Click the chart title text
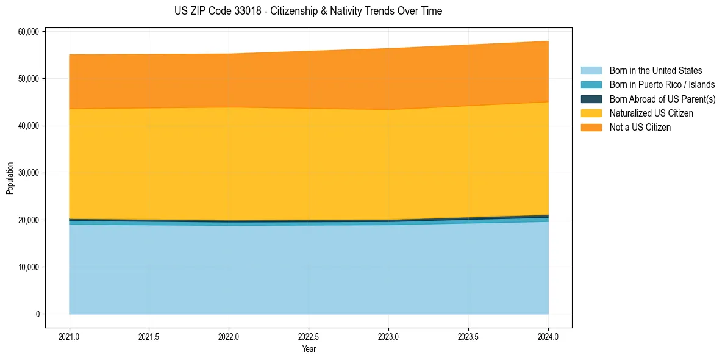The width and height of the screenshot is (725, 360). (308, 11)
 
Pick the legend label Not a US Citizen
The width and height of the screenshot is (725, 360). (640, 128)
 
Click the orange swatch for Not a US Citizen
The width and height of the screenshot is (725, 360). (591, 128)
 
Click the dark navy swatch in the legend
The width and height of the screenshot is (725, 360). (591, 99)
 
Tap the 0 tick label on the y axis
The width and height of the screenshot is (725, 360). (37, 314)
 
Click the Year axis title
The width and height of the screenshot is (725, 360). (309, 349)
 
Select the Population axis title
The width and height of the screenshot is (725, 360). (10, 178)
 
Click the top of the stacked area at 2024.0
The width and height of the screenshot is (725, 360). (548, 41)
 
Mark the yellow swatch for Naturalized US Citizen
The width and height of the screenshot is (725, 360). (591, 113)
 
